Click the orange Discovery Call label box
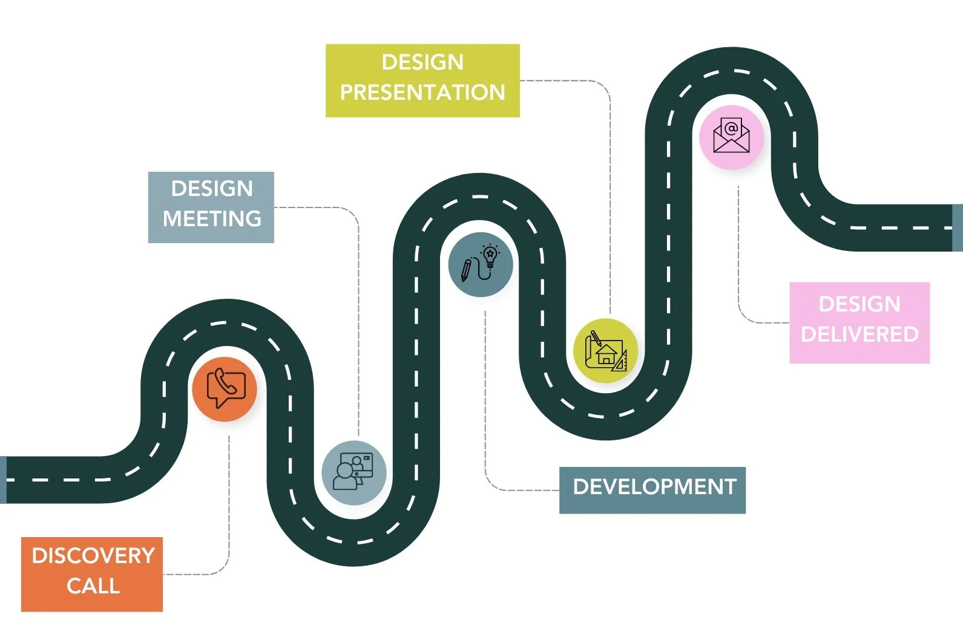click(92, 573)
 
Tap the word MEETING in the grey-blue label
click(212, 218)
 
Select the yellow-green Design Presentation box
click(422, 80)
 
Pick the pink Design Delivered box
click(859, 322)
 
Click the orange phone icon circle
click(225, 389)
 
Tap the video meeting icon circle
click(354, 472)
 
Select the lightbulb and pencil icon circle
click(481, 264)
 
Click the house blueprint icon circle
click(605, 351)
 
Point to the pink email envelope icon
click(731, 137)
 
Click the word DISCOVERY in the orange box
click(93, 555)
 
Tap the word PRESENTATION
click(422, 92)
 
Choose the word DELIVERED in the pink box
click(859, 334)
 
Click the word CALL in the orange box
click(93, 586)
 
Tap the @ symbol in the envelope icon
click(731, 128)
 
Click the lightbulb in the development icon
click(490, 256)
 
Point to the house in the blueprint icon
click(606, 355)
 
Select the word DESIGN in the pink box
click(859, 304)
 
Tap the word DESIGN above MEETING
click(212, 188)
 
